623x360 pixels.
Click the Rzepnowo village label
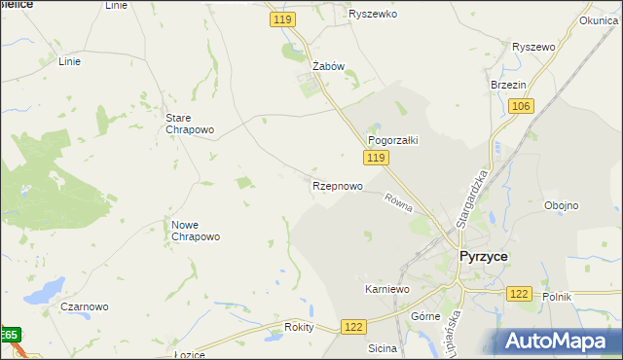(338, 185)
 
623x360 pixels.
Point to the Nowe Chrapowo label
(196, 231)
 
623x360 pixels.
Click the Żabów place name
(328, 66)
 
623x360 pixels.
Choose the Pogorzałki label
(392, 140)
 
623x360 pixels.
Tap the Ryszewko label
(374, 15)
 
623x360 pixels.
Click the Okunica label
(598, 19)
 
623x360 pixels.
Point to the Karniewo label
(386, 289)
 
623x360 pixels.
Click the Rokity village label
(299, 327)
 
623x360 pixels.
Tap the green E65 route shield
(9, 336)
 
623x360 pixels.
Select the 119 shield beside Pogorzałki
(378, 157)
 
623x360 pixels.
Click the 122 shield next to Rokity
(353, 329)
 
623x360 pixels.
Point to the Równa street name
(398, 202)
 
